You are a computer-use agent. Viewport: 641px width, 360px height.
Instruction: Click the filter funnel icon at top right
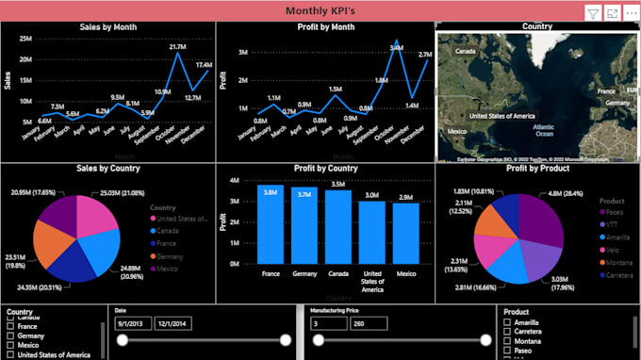coord(592,12)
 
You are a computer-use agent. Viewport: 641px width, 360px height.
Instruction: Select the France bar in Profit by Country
coord(271,226)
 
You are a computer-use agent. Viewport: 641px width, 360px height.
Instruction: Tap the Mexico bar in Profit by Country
coord(405,234)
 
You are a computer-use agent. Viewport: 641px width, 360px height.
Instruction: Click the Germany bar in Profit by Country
coord(304,228)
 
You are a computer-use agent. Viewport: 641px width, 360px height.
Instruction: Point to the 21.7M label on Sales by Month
coord(176,46)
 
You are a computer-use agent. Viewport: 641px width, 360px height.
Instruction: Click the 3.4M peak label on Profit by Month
coord(397,45)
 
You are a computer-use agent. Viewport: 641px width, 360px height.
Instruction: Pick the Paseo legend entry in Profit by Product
coord(616,213)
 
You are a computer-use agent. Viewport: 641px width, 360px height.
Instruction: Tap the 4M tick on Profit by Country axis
coord(235,178)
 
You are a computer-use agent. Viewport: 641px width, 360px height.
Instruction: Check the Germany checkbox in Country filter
coord(11,335)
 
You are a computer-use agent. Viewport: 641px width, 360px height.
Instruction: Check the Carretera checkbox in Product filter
coord(507,333)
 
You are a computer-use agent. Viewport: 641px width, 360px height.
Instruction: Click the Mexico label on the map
coord(456,131)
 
